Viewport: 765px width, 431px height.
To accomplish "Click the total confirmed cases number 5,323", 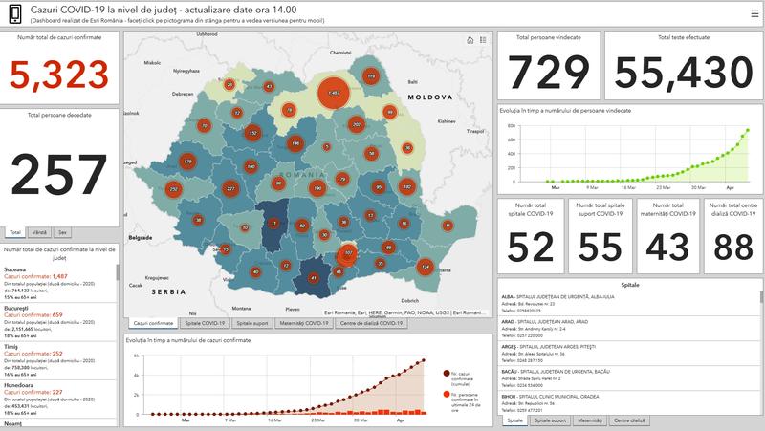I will coord(61,73).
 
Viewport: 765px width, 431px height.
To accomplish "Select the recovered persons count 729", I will coord(548,73).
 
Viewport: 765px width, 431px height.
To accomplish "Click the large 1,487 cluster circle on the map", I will coord(333,93).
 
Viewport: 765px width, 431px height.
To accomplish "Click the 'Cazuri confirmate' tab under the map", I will coord(153,324).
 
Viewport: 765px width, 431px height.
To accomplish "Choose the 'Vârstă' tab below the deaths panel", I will coord(39,232).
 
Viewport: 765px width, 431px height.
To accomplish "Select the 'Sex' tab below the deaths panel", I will coord(62,232).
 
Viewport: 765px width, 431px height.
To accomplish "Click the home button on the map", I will coord(470,40).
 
